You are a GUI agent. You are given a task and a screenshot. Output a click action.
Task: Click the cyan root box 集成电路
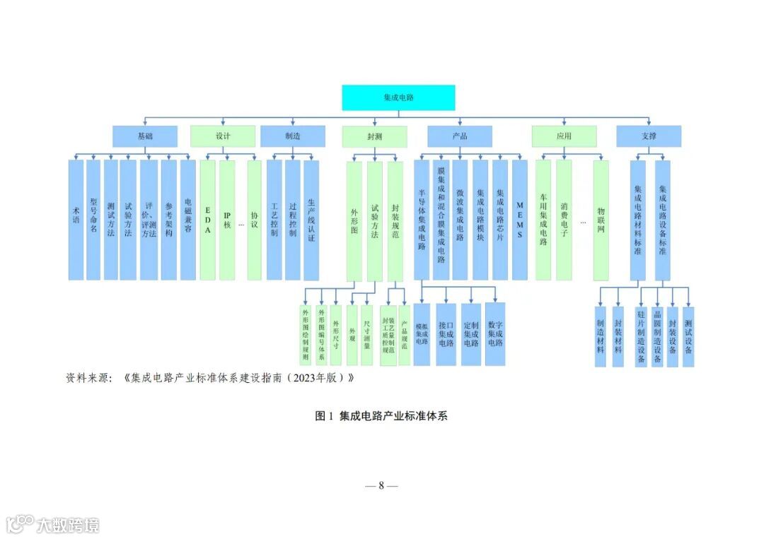coord(398,98)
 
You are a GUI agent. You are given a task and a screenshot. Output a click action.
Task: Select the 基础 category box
coord(144,136)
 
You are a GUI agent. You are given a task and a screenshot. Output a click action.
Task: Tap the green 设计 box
coord(223,136)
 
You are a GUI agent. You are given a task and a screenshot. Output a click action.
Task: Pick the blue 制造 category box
coord(292,136)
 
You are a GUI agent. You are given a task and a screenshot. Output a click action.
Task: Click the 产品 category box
coord(459,136)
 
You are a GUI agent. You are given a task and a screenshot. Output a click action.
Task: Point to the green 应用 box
coord(564,136)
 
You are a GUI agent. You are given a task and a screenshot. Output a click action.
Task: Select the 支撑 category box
coord(648,136)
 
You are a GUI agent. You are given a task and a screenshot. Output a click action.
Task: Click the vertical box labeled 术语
coord(76,220)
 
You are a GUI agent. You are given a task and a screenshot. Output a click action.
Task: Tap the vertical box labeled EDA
coord(207,220)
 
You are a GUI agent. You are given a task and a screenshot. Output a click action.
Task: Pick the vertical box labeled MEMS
coord(520,220)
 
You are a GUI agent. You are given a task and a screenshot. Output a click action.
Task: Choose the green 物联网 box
coord(601,220)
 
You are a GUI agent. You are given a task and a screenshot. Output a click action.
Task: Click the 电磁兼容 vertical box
coord(187,220)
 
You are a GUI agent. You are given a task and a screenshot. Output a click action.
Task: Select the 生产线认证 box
coord(311,220)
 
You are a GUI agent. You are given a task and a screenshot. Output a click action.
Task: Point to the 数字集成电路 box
coord(495,334)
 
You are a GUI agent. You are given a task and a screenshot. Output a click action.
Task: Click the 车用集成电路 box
coord(543,220)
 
